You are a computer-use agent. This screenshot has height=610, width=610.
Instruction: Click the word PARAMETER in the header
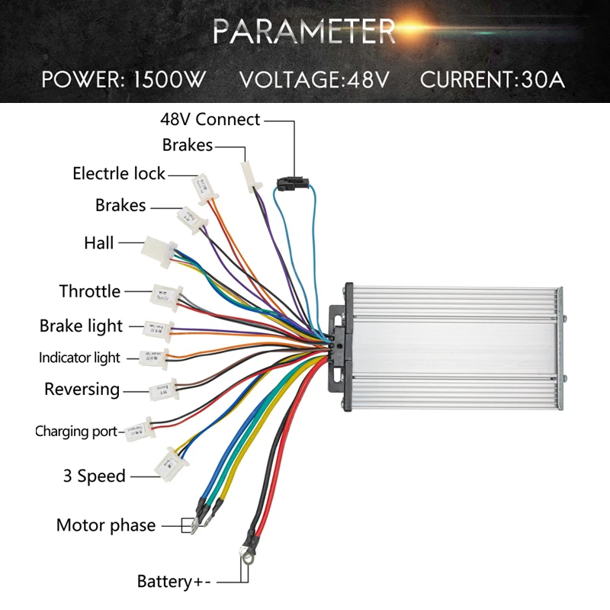[x=304, y=31]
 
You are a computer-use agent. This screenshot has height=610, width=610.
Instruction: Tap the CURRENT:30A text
[x=493, y=79]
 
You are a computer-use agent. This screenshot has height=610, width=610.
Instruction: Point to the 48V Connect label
[x=210, y=120]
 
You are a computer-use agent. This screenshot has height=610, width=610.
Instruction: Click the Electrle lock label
[x=119, y=174]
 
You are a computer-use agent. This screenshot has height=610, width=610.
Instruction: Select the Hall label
[x=99, y=243]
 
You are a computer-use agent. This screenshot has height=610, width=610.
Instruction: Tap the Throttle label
[x=90, y=291]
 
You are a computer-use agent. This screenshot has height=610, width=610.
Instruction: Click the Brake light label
[x=82, y=326]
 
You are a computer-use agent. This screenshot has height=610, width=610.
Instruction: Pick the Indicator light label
[x=80, y=358]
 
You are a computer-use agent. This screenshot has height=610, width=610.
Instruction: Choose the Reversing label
[x=82, y=390]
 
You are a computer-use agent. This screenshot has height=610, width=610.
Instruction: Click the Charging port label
[x=76, y=432]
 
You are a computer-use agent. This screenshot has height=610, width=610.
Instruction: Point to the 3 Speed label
[x=95, y=476]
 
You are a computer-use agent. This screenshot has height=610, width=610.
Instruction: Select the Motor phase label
[x=106, y=525]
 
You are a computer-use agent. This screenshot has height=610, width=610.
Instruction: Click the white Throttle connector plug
[x=166, y=294]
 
